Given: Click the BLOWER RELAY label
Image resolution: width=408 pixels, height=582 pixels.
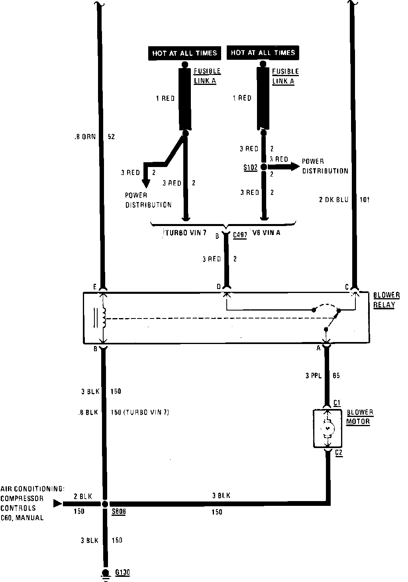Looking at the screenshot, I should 386,300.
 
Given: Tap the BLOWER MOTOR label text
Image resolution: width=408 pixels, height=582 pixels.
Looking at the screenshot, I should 359,417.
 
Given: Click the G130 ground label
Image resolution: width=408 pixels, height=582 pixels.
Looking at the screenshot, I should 122,573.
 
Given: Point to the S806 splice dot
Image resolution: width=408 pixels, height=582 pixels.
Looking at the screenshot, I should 105,504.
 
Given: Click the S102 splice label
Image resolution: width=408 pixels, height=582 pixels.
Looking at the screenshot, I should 250,167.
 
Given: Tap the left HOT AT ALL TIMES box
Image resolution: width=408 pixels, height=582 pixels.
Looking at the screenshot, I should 184,53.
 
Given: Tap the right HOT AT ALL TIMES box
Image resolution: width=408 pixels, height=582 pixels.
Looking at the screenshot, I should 263,52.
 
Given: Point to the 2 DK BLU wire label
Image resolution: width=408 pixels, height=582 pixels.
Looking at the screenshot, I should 333,200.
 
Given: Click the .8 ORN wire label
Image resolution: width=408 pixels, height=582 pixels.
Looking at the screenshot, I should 85,136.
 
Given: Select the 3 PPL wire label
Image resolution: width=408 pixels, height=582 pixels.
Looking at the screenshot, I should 314,376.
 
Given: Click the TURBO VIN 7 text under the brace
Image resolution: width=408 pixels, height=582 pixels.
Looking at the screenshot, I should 184,233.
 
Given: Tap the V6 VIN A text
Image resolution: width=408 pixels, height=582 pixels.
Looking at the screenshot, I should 266,232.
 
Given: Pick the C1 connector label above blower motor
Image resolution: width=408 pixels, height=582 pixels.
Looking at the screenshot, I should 337,403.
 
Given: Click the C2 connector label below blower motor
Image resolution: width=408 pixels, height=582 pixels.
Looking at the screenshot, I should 339,452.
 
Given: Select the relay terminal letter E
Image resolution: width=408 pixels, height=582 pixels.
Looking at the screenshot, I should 95,287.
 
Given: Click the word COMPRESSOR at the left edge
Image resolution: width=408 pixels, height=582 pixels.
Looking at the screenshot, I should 22,498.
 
